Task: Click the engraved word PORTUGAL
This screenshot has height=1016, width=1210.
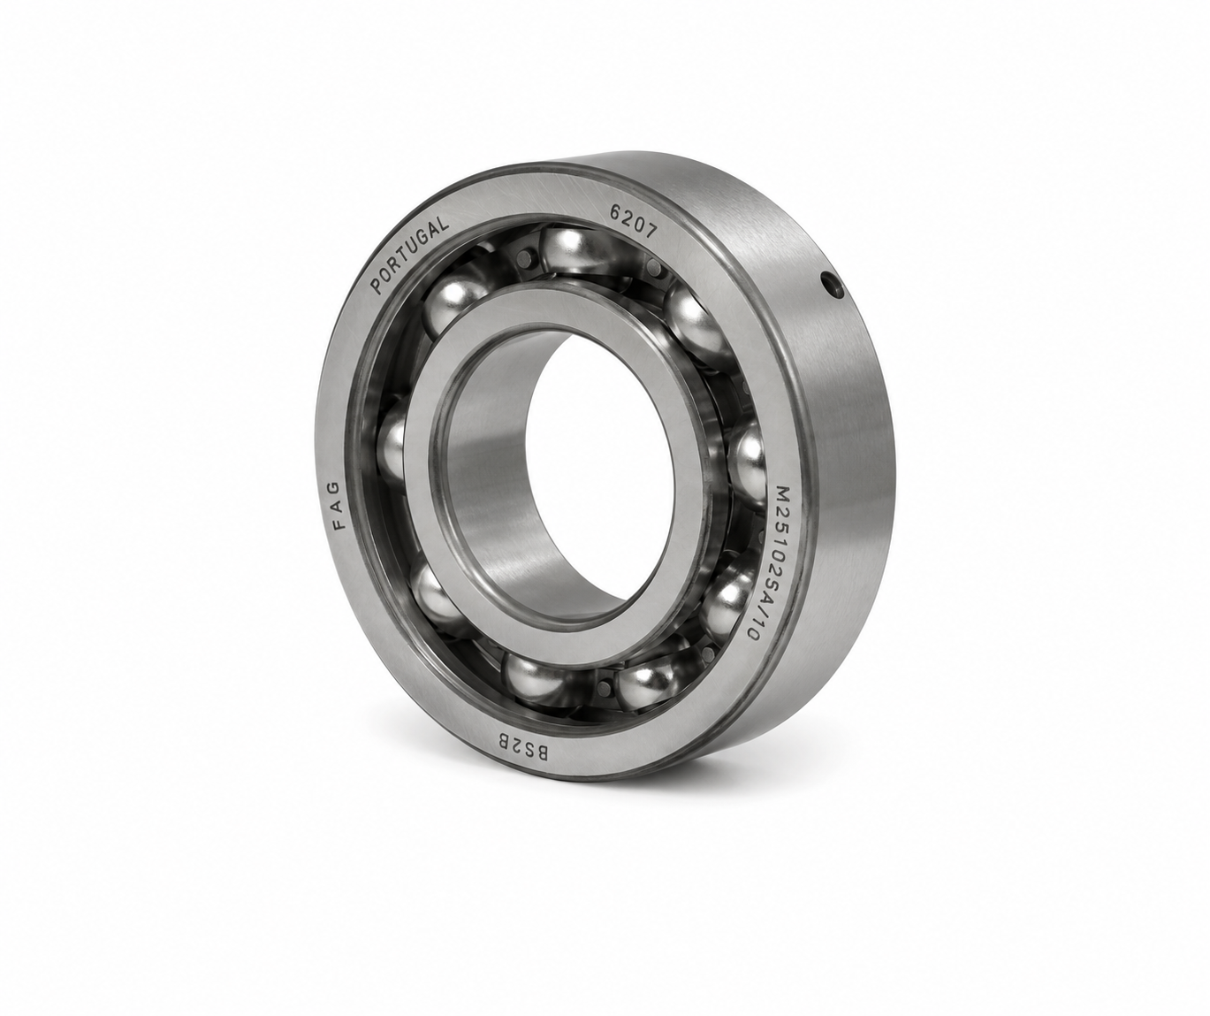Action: [x=410, y=256]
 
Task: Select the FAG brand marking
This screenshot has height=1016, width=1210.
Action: [x=339, y=505]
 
